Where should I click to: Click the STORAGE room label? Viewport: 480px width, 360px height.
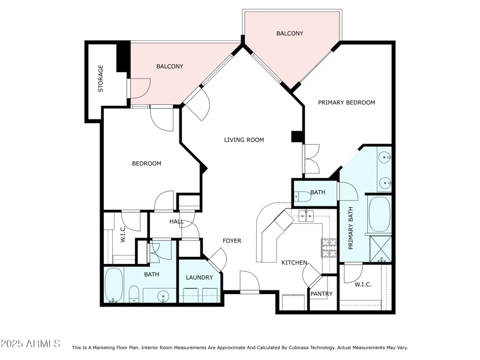[x=101, y=78]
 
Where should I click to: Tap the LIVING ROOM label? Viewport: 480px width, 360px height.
[x=244, y=140]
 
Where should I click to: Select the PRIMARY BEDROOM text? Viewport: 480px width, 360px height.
[x=346, y=103]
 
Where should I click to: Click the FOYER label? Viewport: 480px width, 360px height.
[x=232, y=241]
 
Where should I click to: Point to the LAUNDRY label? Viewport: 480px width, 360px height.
[x=199, y=277]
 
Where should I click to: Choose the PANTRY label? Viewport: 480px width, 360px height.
[x=321, y=293]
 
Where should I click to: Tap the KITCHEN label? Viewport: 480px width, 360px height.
[x=295, y=263]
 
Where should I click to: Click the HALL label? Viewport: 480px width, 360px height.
[x=176, y=221]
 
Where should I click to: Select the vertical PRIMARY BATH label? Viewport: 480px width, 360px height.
[x=352, y=228]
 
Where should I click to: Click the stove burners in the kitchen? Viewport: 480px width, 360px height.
[x=329, y=247]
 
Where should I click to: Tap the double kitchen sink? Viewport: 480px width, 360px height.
[x=307, y=215]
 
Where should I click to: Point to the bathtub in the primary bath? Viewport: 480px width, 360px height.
[x=379, y=214]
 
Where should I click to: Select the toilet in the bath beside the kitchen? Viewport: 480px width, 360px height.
[x=301, y=196]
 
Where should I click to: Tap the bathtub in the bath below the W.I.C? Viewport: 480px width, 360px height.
[x=114, y=284]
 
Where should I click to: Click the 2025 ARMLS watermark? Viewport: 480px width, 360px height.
[x=31, y=344]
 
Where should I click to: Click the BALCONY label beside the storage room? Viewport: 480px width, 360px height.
[x=170, y=67]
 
